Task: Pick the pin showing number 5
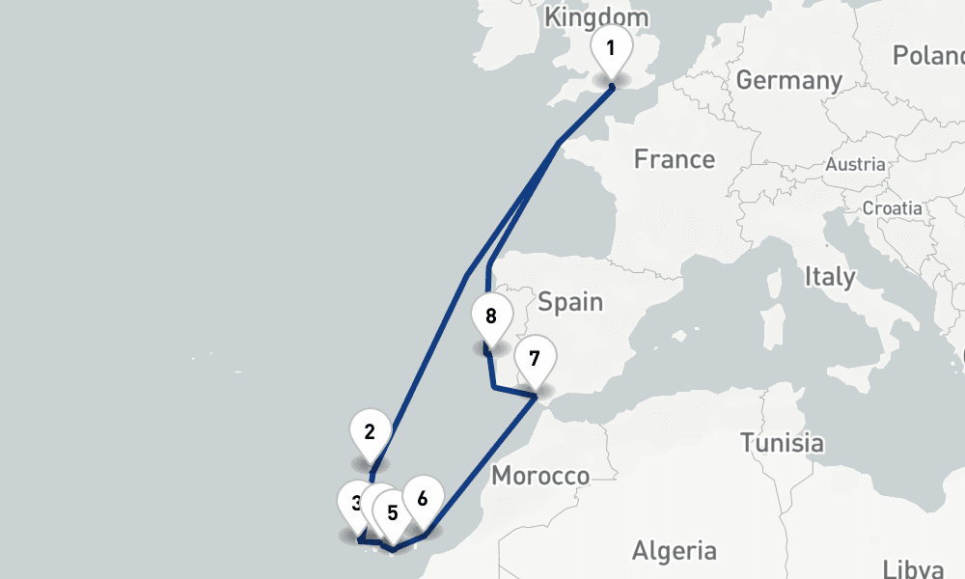point(393,511)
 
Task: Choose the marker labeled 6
point(423,499)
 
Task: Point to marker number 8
point(491,317)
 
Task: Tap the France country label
point(674,159)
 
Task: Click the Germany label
point(788,79)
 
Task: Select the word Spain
point(570,302)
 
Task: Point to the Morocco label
point(539,476)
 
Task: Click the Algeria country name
point(674,551)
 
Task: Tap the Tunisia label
point(782,443)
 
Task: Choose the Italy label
point(830,277)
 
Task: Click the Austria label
point(854,165)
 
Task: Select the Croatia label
point(892,208)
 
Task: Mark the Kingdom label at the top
point(596,17)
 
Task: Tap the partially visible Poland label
point(928,56)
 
